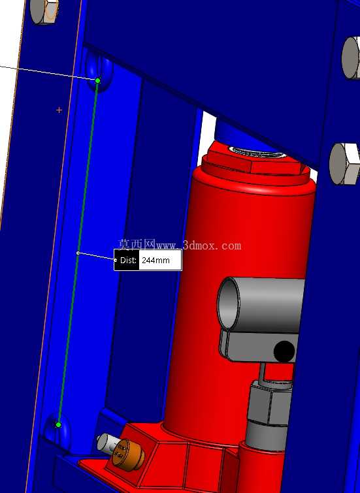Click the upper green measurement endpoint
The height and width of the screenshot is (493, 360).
[x=97, y=81]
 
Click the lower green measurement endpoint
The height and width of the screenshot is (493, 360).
[x=58, y=425]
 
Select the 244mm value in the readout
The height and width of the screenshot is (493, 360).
[x=155, y=261]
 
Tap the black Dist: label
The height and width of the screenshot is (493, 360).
[x=127, y=260]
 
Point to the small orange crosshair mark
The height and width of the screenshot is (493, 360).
[x=59, y=110]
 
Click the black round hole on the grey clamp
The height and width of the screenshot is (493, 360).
[x=284, y=351]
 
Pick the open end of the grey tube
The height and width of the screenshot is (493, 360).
[x=229, y=304]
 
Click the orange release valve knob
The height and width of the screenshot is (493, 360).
[x=127, y=454]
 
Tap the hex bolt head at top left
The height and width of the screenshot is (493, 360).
[x=44, y=11]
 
